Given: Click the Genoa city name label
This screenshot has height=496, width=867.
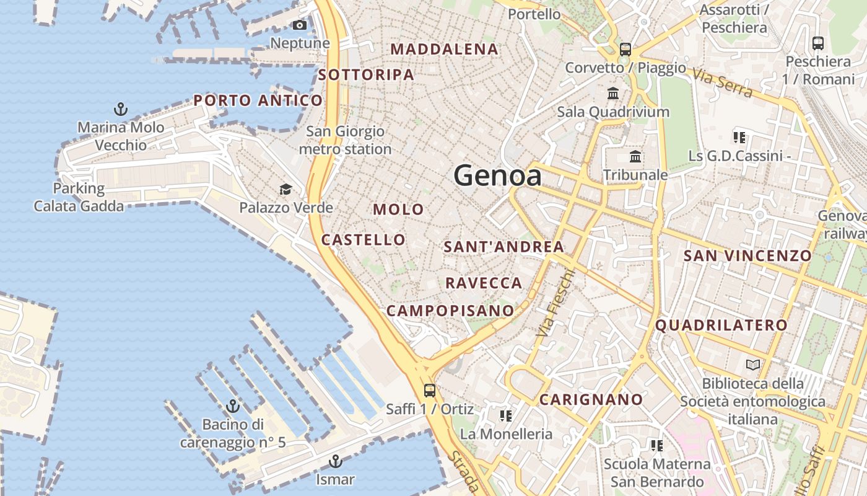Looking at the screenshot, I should (x=497, y=175).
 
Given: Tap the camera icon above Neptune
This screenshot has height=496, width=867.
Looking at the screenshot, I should (x=300, y=25).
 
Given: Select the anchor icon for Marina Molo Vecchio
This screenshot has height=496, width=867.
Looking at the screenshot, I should (x=121, y=110).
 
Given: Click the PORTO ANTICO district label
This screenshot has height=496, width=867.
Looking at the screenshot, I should (x=258, y=100).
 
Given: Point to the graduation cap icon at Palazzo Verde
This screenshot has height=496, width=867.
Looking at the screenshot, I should (x=285, y=189).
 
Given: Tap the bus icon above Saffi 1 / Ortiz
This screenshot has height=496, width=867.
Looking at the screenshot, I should (x=429, y=391).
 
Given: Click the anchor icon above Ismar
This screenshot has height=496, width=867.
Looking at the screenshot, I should (x=335, y=461).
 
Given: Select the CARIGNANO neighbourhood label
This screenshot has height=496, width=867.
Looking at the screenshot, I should (x=591, y=400).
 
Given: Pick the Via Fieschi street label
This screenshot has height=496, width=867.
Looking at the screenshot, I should (x=554, y=304).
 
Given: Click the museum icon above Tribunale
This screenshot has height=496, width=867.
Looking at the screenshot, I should (x=635, y=156).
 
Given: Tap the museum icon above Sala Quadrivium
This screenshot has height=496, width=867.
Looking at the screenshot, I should (x=613, y=94).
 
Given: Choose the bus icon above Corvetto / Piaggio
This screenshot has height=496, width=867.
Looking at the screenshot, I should (x=625, y=49).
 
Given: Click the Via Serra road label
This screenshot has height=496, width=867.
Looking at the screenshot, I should (x=723, y=83).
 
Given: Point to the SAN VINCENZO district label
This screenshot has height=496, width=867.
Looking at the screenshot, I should (x=747, y=255).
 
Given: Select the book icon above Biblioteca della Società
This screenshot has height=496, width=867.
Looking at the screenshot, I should (x=752, y=365).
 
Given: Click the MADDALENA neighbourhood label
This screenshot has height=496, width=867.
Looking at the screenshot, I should (x=445, y=49).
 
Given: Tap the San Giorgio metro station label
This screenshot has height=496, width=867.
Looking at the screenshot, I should (x=345, y=140).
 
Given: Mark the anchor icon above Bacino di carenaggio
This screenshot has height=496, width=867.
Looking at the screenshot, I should (x=233, y=406).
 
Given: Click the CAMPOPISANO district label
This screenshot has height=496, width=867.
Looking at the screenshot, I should (x=450, y=311).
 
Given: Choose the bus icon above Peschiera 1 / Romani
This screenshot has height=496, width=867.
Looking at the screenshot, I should (x=818, y=43).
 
